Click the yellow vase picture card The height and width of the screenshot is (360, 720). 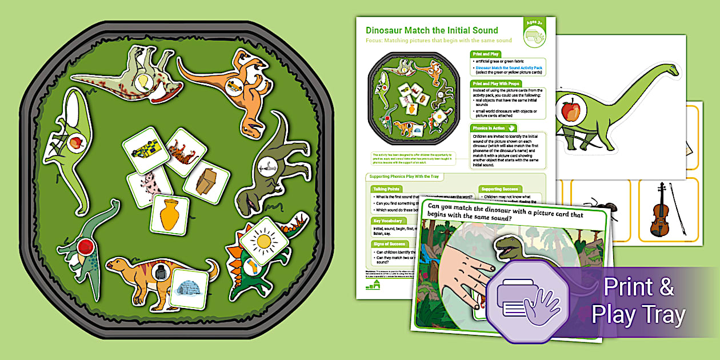click(169, 214)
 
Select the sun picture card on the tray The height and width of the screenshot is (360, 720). click(263, 241)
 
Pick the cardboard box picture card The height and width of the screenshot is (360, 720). click(206, 182)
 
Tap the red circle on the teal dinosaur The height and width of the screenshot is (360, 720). click(86, 247)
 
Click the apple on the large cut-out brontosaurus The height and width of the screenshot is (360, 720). click(570, 110)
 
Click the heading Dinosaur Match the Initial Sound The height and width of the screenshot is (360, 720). click(431, 30)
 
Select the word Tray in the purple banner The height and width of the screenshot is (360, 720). click(663, 315)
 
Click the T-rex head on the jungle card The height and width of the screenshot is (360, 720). click(509, 246)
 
